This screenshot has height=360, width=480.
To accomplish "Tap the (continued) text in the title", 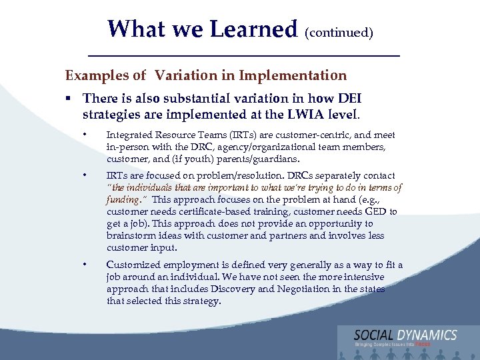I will click(339, 31).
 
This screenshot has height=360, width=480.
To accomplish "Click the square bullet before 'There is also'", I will click(69, 98).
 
